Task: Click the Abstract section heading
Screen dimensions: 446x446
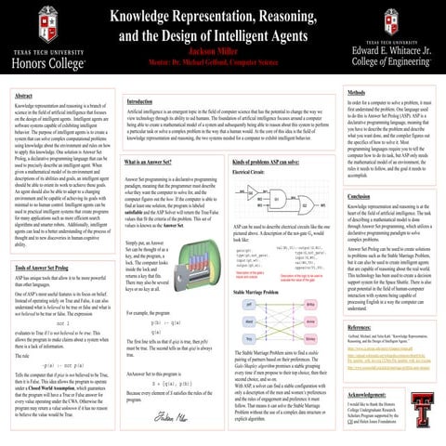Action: tap(18, 96)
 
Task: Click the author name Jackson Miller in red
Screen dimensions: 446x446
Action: tap(222, 52)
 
